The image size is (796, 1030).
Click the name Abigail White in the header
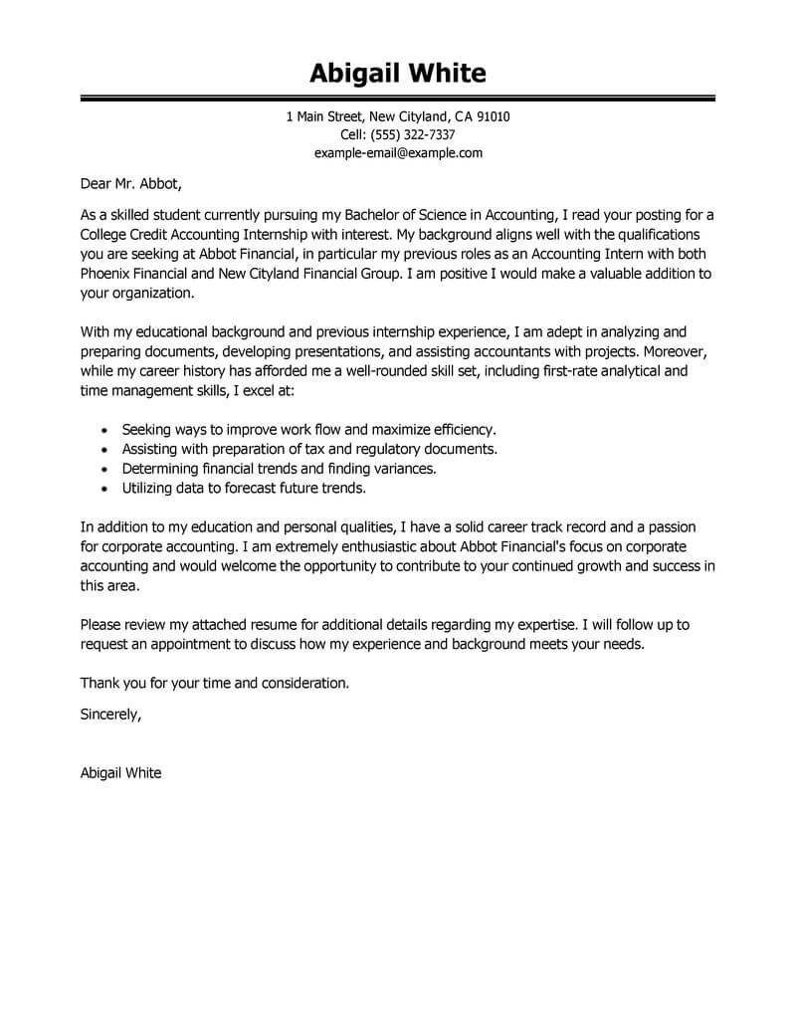[x=397, y=74]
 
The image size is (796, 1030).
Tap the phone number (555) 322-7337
[x=413, y=134]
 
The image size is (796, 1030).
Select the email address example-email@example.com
[x=398, y=152]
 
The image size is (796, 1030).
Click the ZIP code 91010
[x=493, y=116]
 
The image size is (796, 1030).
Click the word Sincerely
[x=109, y=713]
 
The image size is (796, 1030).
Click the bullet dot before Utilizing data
[x=106, y=489]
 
